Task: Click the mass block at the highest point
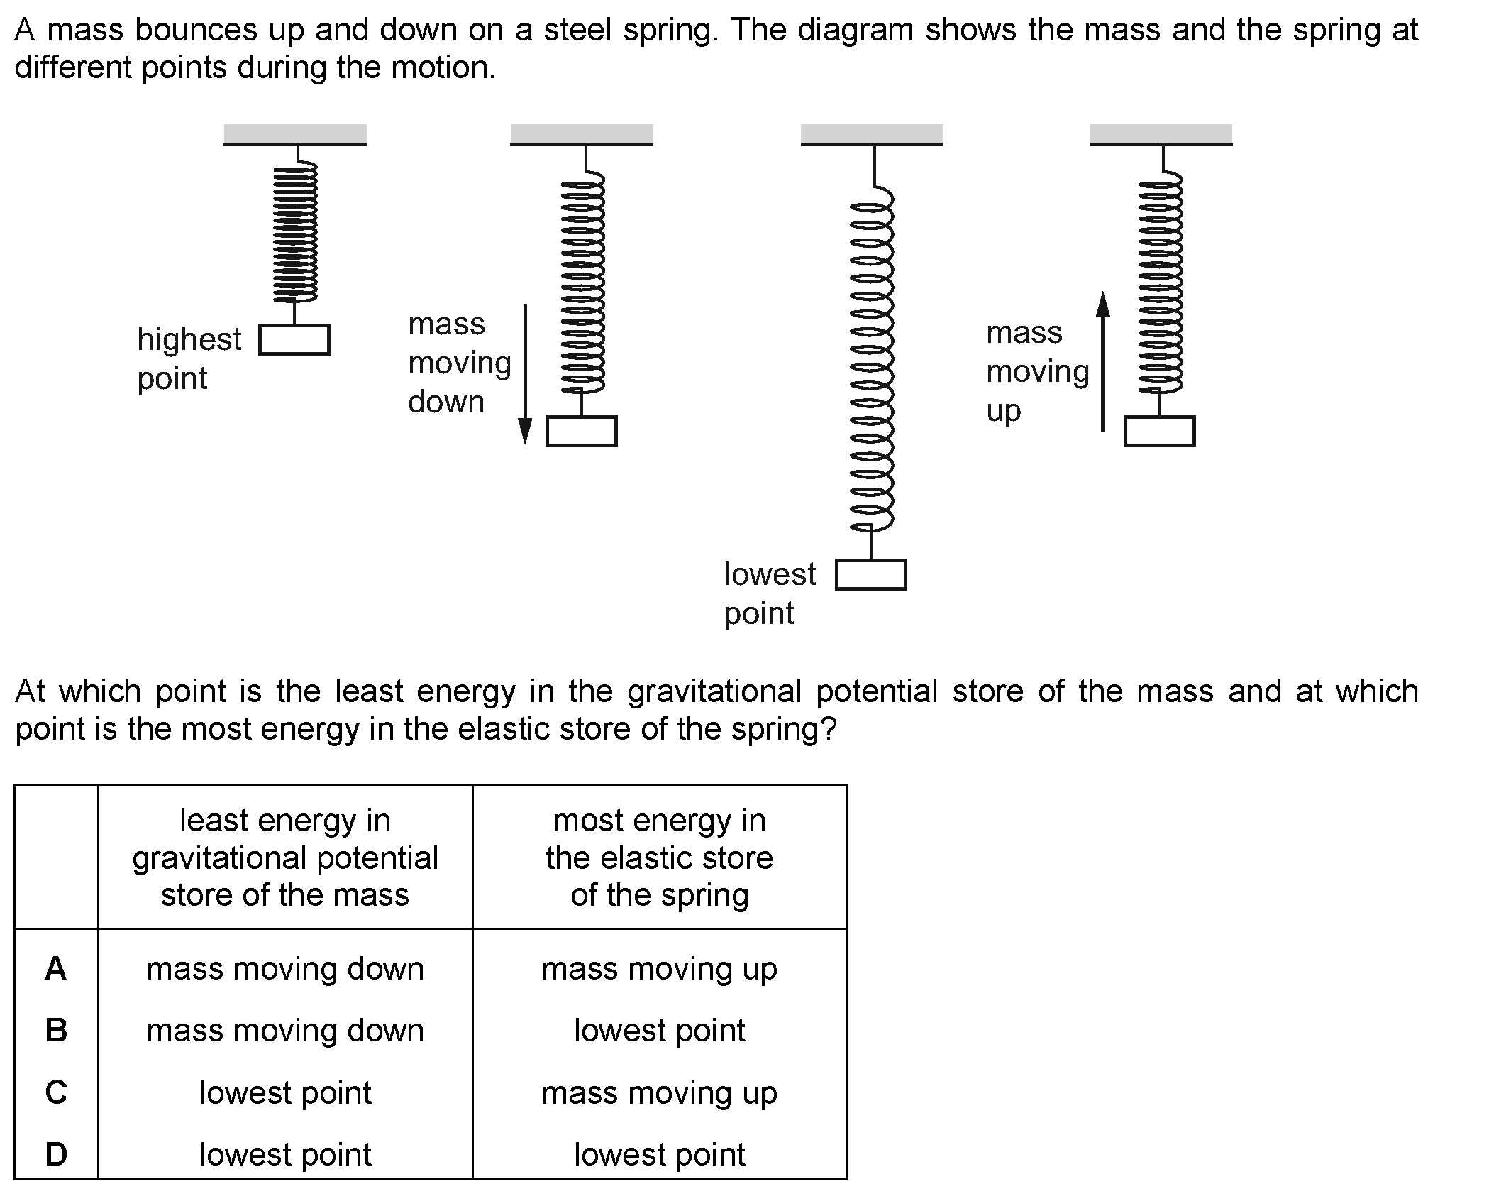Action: [294, 340]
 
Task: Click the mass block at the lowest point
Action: [871, 575]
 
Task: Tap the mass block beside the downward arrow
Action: [582, 431]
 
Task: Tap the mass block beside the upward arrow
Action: [1160, 431]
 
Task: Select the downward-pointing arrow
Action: [525, 374]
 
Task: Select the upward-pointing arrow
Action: [1102, 361]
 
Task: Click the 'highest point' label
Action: [189, 358]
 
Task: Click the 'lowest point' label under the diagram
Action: [770, 593]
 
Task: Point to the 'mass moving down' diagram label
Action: [460, 363]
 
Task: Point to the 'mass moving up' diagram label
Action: [1038, 371]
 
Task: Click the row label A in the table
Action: [56, 968]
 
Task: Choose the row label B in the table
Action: [56, 1030]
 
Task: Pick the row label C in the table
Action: [56, 1092]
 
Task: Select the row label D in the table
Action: [56, 1154]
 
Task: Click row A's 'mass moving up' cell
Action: [660, 970]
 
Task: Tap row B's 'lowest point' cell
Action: [660, 1031]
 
